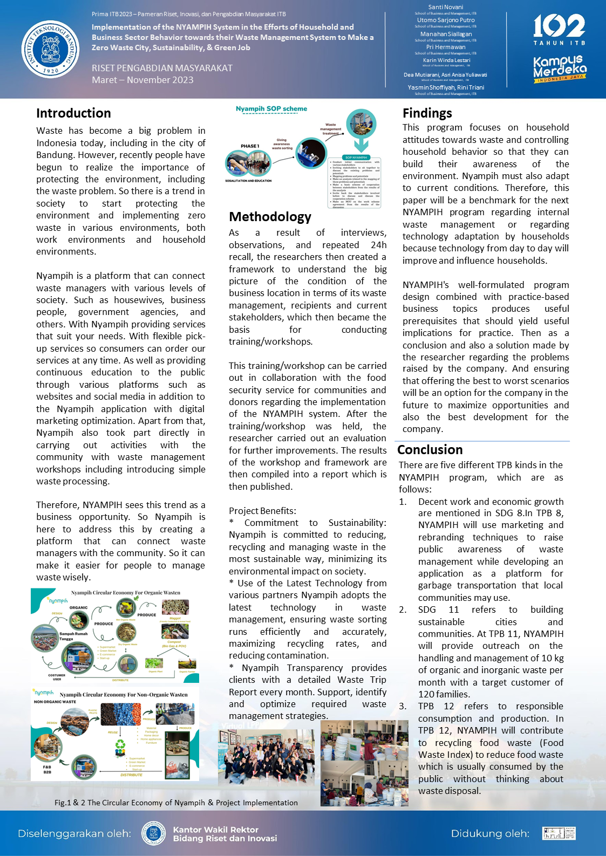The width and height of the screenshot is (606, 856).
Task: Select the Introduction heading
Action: [73, 113]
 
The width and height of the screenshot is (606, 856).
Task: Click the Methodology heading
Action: [270, 217]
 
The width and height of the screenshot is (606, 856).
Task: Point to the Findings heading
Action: [427, 113]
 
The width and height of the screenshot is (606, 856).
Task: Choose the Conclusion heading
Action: [430, 450]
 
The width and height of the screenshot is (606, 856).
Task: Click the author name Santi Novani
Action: [446, 7]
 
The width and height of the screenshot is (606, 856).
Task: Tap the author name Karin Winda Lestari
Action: [446, 60]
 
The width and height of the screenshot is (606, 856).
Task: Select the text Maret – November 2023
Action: [142, 80]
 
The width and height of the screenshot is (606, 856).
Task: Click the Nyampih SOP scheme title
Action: [271, 109]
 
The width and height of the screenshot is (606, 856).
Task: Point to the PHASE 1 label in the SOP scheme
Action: [250, 146]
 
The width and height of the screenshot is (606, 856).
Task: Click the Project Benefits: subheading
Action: [262, 511]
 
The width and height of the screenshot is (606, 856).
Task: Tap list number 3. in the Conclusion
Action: [403, 706]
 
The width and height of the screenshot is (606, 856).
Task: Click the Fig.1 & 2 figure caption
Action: [176, 803]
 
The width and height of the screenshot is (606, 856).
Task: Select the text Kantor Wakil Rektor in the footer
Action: [215, 830]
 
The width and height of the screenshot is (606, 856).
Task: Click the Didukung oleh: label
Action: [490, 833]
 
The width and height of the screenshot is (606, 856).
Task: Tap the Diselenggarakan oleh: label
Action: [74, 833]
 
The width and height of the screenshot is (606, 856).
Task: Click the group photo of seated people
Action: [265, 757]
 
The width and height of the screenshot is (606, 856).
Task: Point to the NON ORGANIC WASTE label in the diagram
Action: [55, 702]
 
